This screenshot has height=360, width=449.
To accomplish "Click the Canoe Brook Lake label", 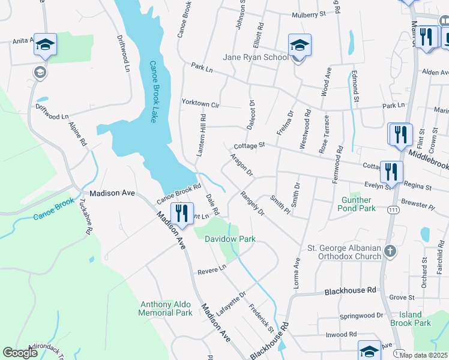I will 153,92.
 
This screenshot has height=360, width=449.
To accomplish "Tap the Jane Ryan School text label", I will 255,57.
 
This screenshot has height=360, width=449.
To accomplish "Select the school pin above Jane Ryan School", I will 300,45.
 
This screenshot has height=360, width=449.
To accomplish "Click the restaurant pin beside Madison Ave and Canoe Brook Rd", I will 181,213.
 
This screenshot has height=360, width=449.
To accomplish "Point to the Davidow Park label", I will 230,239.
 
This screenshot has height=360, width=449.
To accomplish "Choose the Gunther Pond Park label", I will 358,204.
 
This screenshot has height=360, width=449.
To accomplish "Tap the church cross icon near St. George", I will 390,251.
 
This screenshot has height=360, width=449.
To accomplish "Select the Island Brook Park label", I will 415,319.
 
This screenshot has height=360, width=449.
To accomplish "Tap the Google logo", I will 20,353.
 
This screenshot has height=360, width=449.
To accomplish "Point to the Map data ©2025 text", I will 423,355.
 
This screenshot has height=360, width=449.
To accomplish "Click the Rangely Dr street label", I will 252,203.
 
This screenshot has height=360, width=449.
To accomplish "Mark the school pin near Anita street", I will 45,45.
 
